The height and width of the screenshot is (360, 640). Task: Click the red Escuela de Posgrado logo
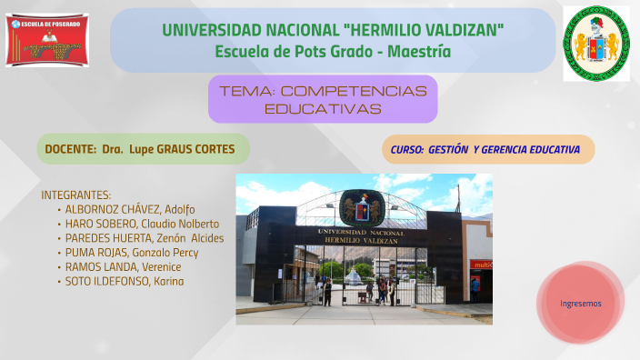pyautogui.click(x=46, y=40)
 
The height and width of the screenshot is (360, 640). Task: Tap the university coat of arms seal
pyautogui.click(x=595, y=43)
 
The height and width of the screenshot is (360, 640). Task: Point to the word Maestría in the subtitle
pyautogui.click(x=419, y=52)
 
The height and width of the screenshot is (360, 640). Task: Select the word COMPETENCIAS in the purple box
pyautogui.click(x=354, y=91)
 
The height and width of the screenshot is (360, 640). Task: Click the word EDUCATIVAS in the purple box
pyautogui.click(x=323, y=108)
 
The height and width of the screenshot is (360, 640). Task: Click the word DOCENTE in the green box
pyautogui.click(x=70, y=148)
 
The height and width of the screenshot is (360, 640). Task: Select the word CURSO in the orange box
pyautogui.click(x=406, y=149)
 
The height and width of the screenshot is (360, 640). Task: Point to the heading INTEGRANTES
pyautogui.click(x=76, y=195)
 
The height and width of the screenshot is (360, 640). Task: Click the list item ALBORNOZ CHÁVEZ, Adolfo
pyautogui.click(x=130, y=209)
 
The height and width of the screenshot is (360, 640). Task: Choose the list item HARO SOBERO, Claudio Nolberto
pyautogui.click(x=142, y=224)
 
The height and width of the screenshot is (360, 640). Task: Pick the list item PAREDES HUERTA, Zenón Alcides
pyautogui.click(x=144, y=238)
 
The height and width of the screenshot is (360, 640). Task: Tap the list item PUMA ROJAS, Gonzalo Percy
pyautogui.click(x=132, y=252)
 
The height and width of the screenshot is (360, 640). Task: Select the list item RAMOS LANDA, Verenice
pyautogui.click(x=123, y=266)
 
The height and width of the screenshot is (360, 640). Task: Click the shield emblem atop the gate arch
pyautogui.click(x=361, y=207)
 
